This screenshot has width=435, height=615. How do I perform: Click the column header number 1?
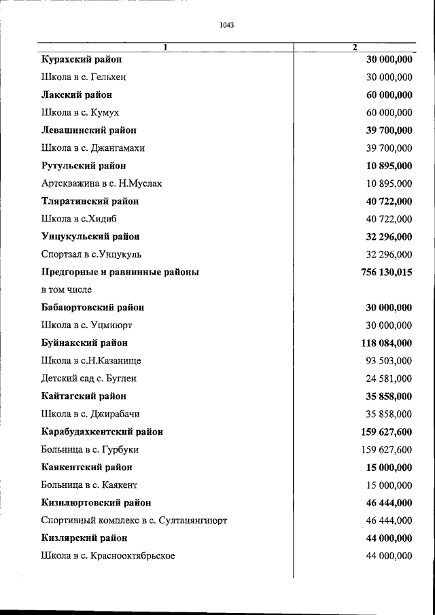click(x=165, y=47)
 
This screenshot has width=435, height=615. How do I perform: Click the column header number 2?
click(x=355, y=47)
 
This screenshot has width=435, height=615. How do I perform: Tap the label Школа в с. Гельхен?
click(x=84, y=77)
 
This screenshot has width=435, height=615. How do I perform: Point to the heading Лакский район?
click(x=75, y=95)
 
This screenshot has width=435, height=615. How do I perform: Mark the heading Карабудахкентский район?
click(x=101, y=432)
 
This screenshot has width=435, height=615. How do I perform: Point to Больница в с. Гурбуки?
click(x=90, y=449)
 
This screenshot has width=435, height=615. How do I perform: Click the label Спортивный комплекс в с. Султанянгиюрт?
click(x=134, y=520)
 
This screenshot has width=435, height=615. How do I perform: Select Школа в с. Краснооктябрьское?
click(x=108, y=555)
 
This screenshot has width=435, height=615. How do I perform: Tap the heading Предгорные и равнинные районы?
click(x=120, y=272)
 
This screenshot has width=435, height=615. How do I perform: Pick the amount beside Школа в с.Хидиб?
click(x=389, y=219)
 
